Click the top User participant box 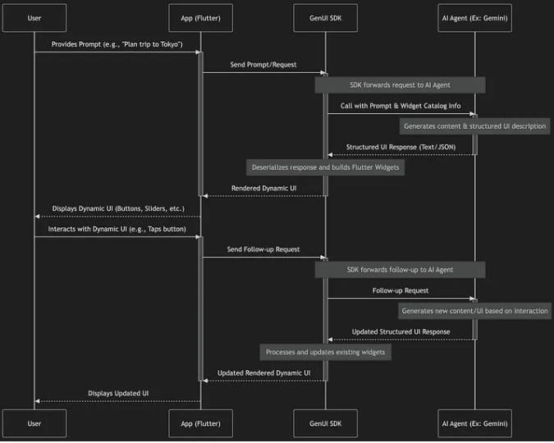34,17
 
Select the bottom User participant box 34,423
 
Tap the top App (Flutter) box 201,17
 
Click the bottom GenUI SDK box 325,423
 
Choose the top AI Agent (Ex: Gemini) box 475,17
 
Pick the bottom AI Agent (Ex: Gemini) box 475,423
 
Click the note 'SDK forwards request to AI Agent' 400,84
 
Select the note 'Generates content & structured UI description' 474,126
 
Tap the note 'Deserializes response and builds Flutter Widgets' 325,167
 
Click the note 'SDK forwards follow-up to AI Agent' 400,269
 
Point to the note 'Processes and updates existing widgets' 325,352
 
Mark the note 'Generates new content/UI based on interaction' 474,311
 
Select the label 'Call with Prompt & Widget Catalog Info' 400,105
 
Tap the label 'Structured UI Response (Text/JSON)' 400,147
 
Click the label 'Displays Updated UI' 117,393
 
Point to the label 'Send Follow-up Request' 263,249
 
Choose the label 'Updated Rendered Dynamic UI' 263,372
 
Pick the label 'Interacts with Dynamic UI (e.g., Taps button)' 117,229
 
